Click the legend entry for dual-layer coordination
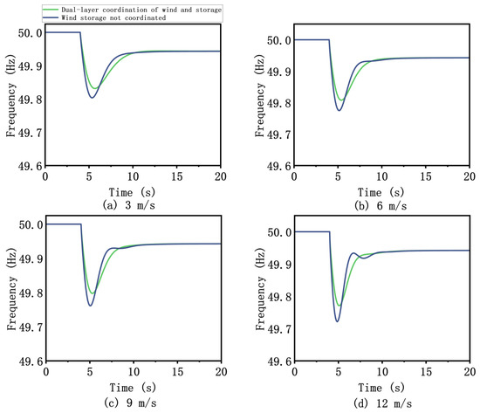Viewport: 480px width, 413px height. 132,10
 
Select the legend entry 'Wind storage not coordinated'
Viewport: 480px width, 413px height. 104,17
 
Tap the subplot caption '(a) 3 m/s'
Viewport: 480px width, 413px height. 129,205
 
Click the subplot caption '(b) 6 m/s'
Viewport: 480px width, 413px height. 381,205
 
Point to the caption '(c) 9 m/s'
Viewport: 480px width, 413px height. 130,403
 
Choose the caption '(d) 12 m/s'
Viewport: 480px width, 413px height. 382,403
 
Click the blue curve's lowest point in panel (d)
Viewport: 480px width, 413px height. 337,321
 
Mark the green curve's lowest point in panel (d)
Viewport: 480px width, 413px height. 339,306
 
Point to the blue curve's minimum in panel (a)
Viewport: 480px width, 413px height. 92,98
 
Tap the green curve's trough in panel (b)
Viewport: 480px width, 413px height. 341,100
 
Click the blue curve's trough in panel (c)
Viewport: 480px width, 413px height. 90,306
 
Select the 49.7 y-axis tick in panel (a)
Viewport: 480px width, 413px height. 30,134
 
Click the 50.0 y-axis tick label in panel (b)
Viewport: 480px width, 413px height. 279,40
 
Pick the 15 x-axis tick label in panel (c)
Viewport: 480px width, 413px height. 177,372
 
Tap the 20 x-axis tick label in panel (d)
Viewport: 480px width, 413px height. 470,372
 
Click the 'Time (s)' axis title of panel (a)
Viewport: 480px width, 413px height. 132,192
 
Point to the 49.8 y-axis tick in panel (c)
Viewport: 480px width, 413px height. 31,293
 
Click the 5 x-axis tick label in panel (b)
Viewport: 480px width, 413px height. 338,176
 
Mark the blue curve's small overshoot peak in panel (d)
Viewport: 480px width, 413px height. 353,253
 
